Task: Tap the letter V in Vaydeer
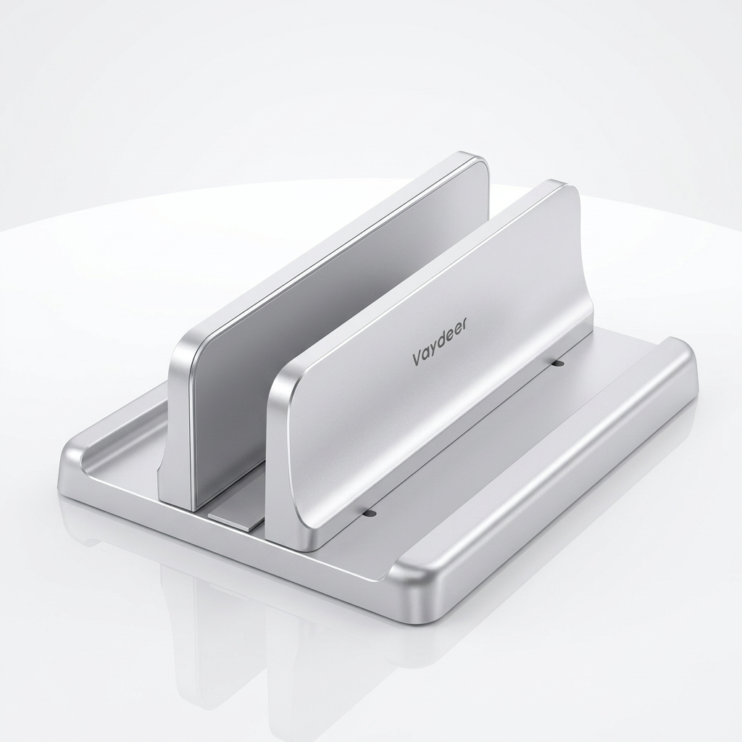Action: (417, 359)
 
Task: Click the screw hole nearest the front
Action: (372, 513)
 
